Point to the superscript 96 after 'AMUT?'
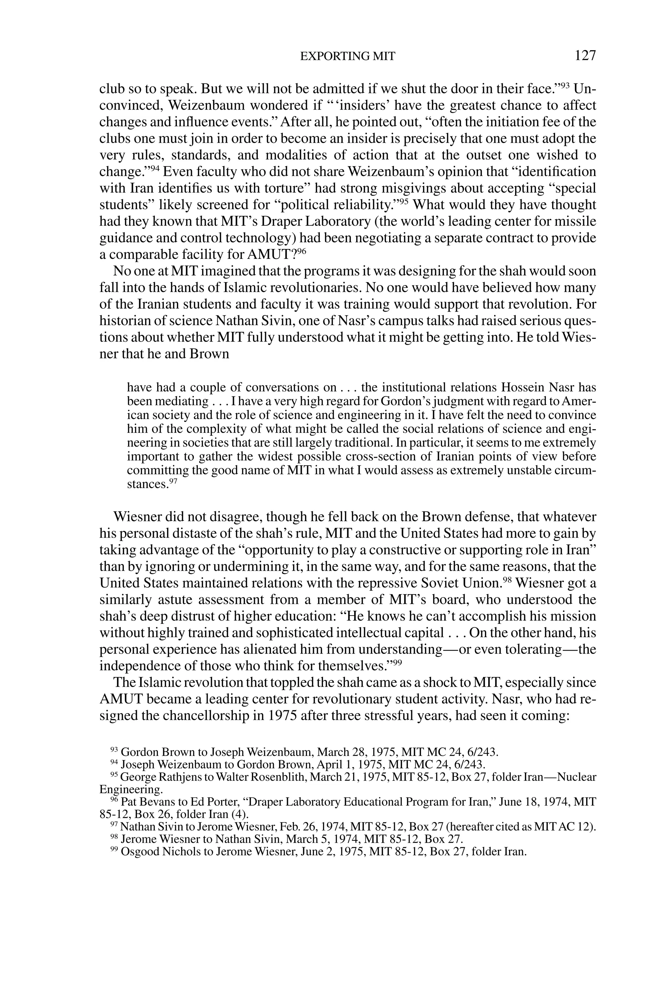302,251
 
